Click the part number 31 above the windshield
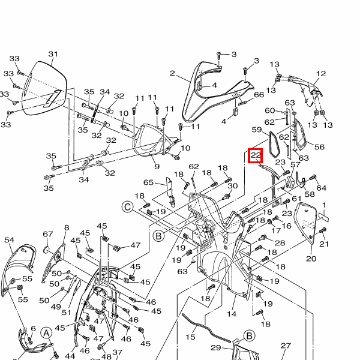point(53,55)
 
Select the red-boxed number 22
point(256,155)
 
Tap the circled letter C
point(127,207)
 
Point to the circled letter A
point(46,333)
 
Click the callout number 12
point(321,74)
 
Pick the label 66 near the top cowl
point(259,94)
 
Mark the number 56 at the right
point(319,147)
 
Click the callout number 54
point(9,240)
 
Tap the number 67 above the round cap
point(48,234)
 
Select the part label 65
point(148,182)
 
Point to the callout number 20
point(311,259)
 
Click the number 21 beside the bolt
point(325,244)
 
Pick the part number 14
point(232,314)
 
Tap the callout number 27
point(286,346)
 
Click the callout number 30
point(233,186)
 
